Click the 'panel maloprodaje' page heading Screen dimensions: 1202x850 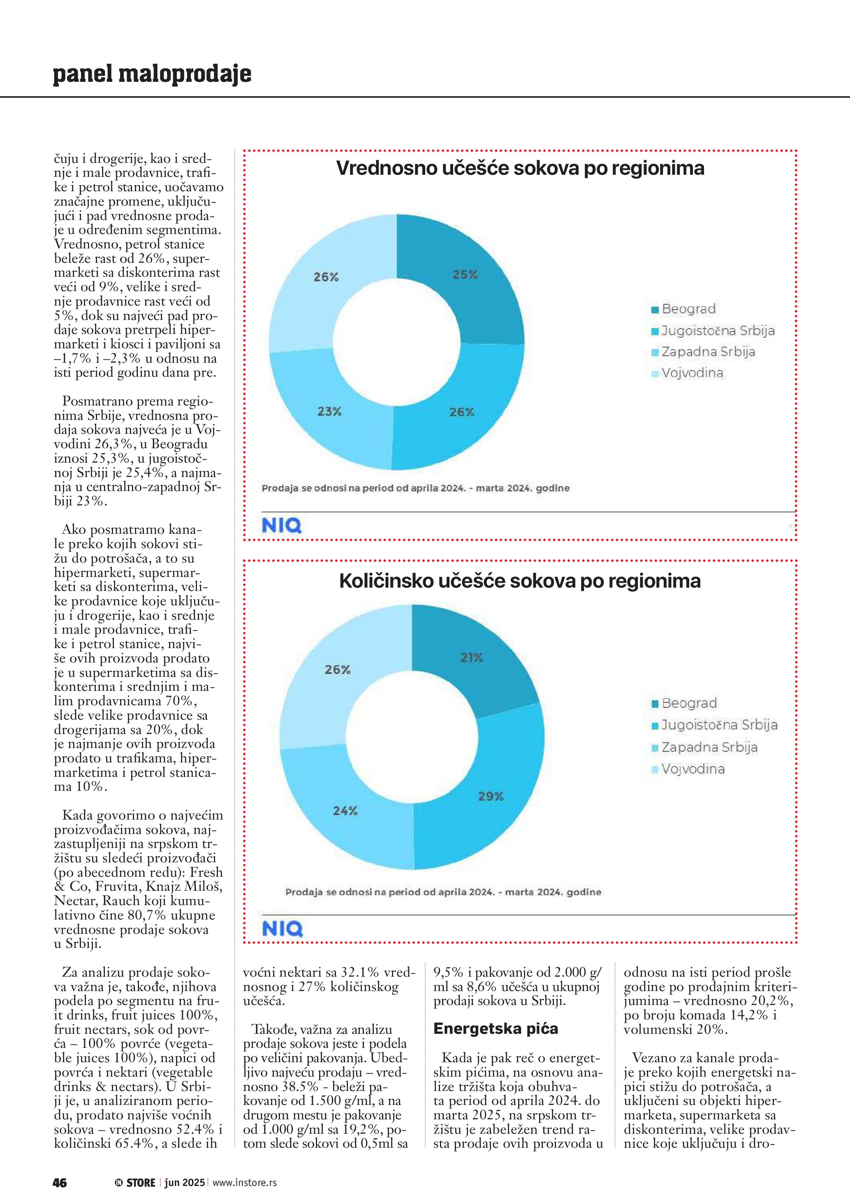point(152,74)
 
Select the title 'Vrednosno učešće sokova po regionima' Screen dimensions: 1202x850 point(520,168)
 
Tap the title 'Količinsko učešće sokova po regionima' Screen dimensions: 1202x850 point(520,581)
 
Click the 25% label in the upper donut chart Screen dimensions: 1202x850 point(465,274)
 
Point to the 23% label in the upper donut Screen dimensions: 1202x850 point(329,412)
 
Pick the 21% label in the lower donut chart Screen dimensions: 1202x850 point(472,658)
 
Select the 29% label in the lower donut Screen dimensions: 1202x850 point(491,796)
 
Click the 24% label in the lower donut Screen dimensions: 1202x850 point(345,811)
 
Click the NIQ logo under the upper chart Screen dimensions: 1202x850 point(282,526)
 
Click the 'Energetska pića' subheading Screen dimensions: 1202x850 point(496,1029)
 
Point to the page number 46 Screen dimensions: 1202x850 point(60,1183)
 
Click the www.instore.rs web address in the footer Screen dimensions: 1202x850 point(244,1183)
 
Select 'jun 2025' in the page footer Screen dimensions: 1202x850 point(184,1183)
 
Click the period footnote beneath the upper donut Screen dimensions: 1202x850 point(415,488)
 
